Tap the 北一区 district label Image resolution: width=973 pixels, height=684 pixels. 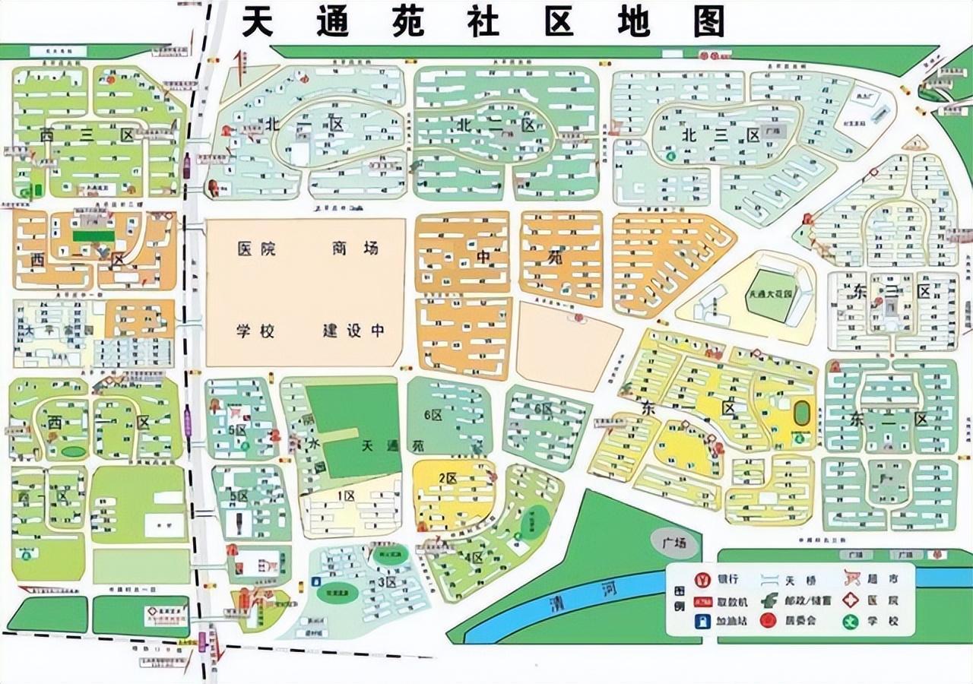[x=305, y=124]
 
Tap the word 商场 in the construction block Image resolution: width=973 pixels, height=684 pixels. [x=354, y=249]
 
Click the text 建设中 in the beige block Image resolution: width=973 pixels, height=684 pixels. [x=353, y=331]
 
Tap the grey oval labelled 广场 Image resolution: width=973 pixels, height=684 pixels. [x=673, y=543]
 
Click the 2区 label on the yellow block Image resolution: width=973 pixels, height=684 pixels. [x=447, y=478]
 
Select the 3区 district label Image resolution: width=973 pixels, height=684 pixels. [x=386, y=582]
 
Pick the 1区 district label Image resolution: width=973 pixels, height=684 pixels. [x=347, y=496]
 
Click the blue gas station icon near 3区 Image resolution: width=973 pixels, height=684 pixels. [x=315, y=584]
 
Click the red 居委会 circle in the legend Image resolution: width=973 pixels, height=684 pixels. [x=768, y=620]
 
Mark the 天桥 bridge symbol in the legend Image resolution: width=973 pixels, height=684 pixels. [x=769, y=581]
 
